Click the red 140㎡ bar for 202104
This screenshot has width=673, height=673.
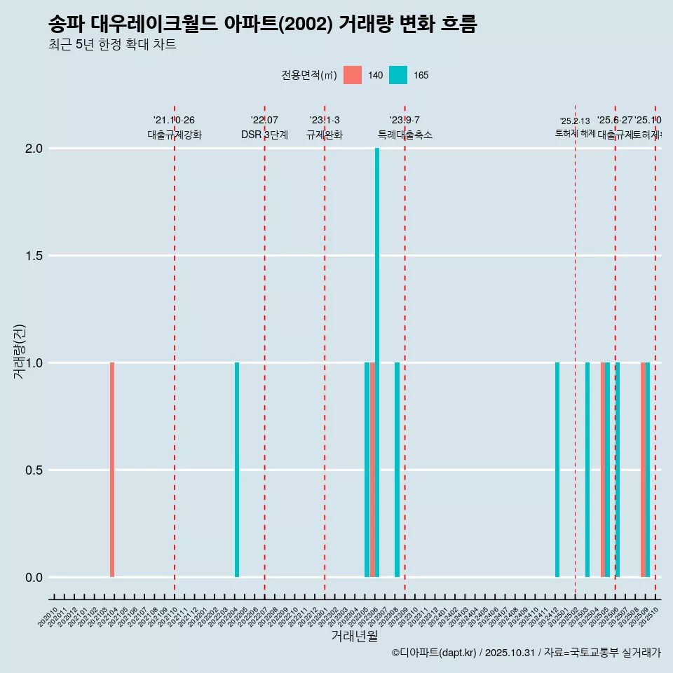click(x=112, y=470)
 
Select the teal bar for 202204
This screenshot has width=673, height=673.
click(x=237, y=470)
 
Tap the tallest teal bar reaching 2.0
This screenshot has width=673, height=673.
click(x=377, y=362)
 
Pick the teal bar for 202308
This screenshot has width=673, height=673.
click(x=397, y=470)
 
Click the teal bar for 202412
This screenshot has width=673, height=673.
click(x=557, y=470)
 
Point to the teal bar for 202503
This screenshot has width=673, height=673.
click(x=587, y=470)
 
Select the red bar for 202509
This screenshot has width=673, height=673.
click(x=643, y=470)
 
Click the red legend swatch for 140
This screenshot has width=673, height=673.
click(x=353, y=75)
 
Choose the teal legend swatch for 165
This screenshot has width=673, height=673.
click(x=397, y=75)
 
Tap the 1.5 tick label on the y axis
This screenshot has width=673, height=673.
click(x=33, y=256)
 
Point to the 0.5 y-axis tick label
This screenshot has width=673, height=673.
click(x=33, y=470)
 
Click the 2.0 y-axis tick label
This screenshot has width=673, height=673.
click(x=33, y=149)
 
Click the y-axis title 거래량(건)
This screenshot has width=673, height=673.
click(x=19, y=351)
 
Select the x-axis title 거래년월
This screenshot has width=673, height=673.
click(x=354, y=637)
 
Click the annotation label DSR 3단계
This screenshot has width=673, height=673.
click(x=264, y=135)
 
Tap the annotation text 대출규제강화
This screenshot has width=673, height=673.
click(x=175, y=135)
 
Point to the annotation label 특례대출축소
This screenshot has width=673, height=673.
click(x=405, y=135)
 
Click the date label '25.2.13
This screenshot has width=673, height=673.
click(x=575, y=121)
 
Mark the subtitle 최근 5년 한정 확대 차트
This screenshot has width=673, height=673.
click(x=112, y=45)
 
